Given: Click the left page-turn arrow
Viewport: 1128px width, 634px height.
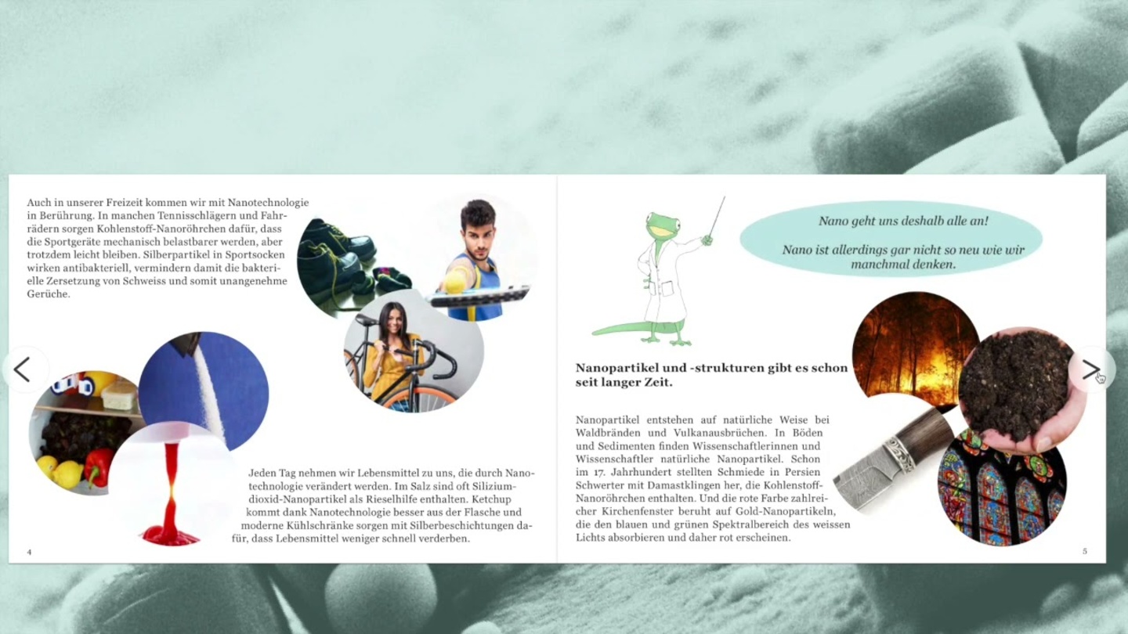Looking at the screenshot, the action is tap(22, 369).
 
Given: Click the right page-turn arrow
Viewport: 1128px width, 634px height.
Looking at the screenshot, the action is tap(1090, 369).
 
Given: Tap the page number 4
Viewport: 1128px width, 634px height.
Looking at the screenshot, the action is tap(29, 552).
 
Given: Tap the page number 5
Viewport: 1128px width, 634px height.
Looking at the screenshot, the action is tap(1085, 551).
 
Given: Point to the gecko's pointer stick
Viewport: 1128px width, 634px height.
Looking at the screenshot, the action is tap(717, 216).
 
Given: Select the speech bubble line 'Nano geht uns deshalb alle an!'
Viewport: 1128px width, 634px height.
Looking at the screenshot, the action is tap(903, 221).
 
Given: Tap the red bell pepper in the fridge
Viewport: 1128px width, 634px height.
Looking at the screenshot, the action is tap(99, 468).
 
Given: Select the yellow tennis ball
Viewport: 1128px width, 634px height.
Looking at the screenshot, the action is tap(454, 280).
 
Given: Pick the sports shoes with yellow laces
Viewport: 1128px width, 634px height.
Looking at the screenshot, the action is tap(338, 257).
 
